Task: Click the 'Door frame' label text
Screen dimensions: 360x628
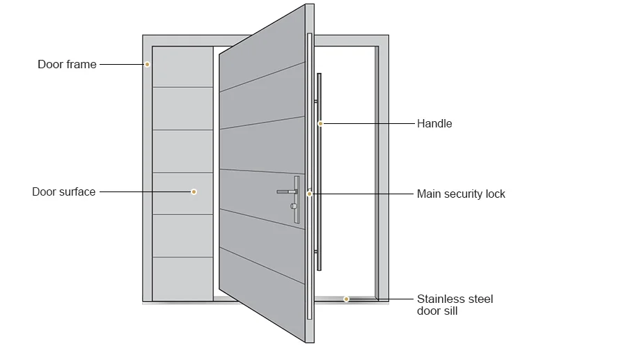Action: pyautogui.click(x=67, y=65)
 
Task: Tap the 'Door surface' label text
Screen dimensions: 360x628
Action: pyautogui.click(x=63, y=191)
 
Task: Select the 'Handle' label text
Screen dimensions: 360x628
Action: pyautogui.click(x=434, y=124)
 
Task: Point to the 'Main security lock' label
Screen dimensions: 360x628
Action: pyautogui.click(x=461, y=194)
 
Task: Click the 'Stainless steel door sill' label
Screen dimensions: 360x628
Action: pyautogui.click(x=455, y=305)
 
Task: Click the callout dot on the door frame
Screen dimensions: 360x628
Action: pyautogui.click(x=148, y=65)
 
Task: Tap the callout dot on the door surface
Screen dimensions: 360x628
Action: pyautogui.click(x=194, y=191)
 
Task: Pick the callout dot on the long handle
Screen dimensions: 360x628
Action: pyautogui.click(x=321, y=124)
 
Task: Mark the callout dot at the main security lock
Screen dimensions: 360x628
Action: pyautogui.click(x=310, y=194)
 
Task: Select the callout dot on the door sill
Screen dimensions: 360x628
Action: pyautogui.click(x=346, y=299)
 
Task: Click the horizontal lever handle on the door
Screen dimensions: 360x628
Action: pyautogui.click(x=286, y=191)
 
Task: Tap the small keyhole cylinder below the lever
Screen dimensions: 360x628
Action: pyautogui.click(x=292, y=206)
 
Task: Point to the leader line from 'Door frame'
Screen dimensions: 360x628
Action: pyautogui.click(x=122, y=65)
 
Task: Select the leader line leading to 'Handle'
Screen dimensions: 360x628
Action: pyautogui.click(x=369, y=124)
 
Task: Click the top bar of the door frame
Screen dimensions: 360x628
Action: pyautogui.click(x=265, y=40)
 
